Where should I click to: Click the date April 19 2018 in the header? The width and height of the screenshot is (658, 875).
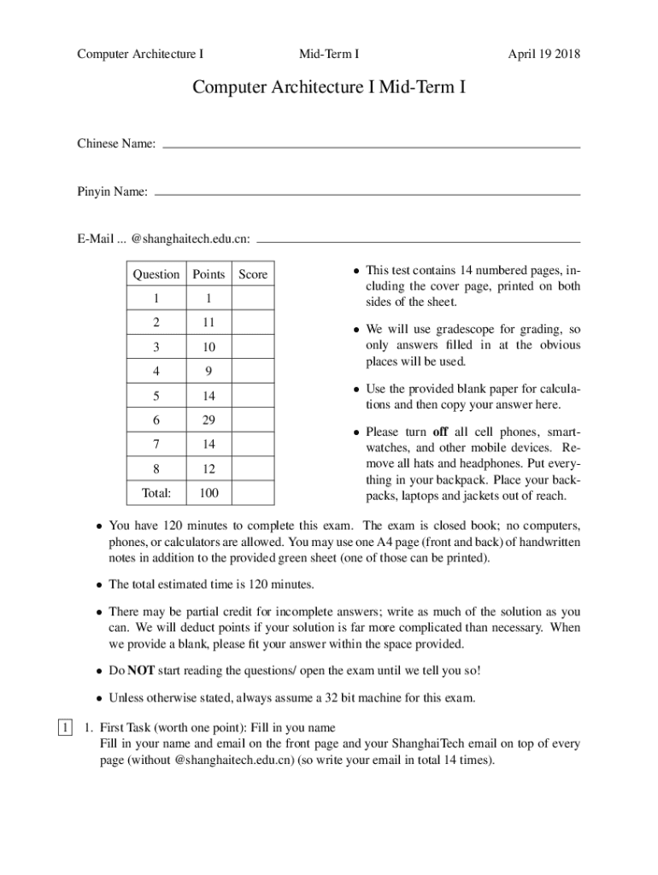click(x=543, y=55)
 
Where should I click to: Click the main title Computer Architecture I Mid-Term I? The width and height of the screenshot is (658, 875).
click(x=329, y=87)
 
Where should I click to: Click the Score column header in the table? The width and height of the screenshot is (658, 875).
click(x=253, y=274)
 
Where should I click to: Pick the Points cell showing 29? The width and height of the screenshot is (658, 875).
click(x=209, y=420)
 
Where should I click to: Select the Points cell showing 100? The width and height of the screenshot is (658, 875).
click(x=209, y=493)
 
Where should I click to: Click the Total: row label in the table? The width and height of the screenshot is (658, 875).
click(x=156, y=493)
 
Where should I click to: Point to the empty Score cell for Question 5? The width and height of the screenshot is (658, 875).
click(x=253, y=396)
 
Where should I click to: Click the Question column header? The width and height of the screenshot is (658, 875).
click(x=156, y=274)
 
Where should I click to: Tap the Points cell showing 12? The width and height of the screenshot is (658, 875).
click(x=209, y=469)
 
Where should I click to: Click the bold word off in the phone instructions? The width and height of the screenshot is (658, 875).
click(x=440, y=432)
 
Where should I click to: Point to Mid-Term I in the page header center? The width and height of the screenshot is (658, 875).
click(x=328, y=55)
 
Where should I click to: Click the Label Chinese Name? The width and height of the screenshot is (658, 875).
click(x=116, y=144)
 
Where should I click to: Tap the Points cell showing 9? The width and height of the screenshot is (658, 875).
click(x=209, y=372)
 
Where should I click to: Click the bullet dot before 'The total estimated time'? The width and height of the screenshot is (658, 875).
click(x=99, y=585)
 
